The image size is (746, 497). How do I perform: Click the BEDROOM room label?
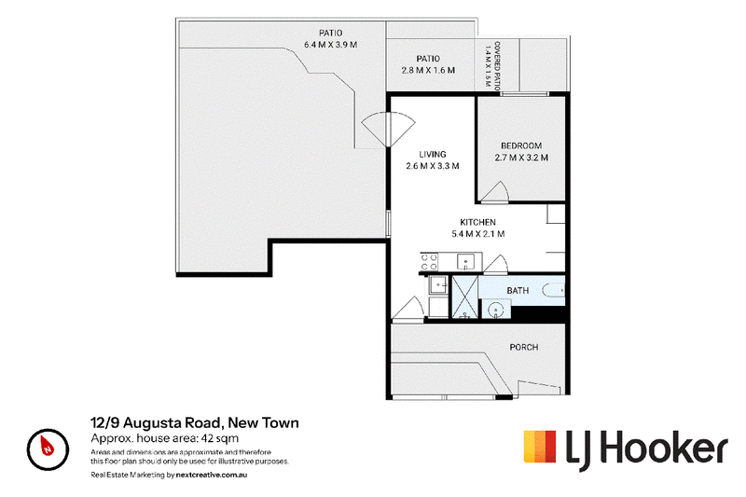pos(521,145)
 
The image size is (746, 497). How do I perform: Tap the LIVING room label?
pos(433,154)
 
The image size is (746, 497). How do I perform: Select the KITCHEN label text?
pos(477,222)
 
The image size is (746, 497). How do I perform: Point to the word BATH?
pos(518,290)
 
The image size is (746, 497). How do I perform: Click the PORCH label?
pos(524,347)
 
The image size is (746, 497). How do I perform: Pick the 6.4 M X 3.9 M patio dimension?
pos(331,45)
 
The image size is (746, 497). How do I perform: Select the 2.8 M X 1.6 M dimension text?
pos(428,70)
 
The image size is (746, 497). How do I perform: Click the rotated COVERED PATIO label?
pos(497,65)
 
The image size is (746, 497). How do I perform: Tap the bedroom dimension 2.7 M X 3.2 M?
pos(521,158)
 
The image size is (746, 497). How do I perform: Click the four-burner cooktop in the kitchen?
pos(429,262)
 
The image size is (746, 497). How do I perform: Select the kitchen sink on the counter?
pos(465,262)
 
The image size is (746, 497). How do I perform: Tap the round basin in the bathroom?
pos(496,311)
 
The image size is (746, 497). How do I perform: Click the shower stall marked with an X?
pos(464,297)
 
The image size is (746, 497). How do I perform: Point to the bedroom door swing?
pos(496,192)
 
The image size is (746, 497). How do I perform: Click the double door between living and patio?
pos(388,129)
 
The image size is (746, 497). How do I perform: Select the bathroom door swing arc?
pos(497,264)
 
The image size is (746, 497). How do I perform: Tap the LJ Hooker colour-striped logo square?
pos(540,446)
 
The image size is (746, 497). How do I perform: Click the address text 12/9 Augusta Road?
pos(156,422)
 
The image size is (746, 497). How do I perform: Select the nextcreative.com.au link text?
pos(212,475)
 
